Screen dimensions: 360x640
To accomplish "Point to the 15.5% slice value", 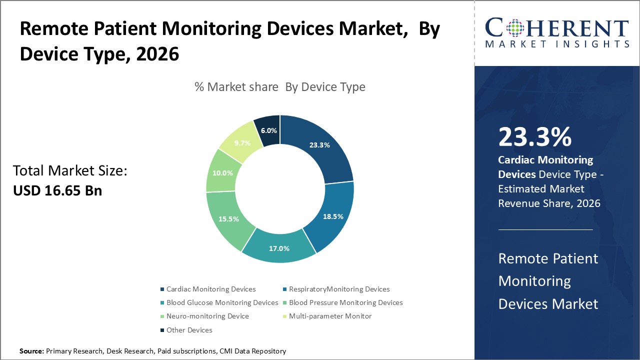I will point(228,219).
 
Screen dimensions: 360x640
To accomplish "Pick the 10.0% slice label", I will point(222,173).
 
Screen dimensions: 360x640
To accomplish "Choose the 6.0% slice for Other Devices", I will point(268,130).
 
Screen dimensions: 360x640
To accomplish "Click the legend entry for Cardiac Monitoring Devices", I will point(210,289).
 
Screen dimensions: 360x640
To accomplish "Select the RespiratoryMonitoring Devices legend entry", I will point(339,289).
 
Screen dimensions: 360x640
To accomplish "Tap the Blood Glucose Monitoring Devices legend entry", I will point(222,302).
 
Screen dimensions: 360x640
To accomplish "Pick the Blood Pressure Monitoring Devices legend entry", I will point(345,302).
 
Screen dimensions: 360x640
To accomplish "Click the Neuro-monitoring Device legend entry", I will point(207,316).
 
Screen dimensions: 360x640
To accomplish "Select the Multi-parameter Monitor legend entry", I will point(330,316).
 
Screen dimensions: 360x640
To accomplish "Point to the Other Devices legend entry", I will point(189,330).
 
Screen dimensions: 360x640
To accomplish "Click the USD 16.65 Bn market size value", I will point(57,190).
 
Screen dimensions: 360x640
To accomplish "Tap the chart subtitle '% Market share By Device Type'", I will point(280,87).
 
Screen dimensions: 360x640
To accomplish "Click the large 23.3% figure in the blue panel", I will point(534,137).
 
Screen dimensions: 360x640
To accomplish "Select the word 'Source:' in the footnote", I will point(31,351).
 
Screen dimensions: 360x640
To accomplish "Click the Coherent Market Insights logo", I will point(557,33).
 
